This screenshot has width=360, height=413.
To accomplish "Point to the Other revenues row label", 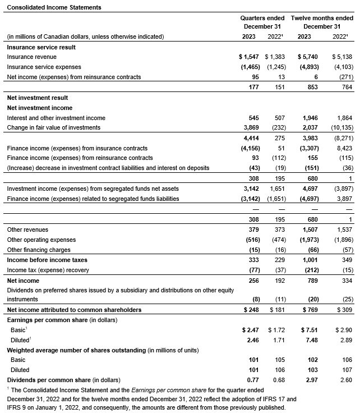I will pos(27,230).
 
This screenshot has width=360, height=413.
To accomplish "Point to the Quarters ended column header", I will pos(262,19).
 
